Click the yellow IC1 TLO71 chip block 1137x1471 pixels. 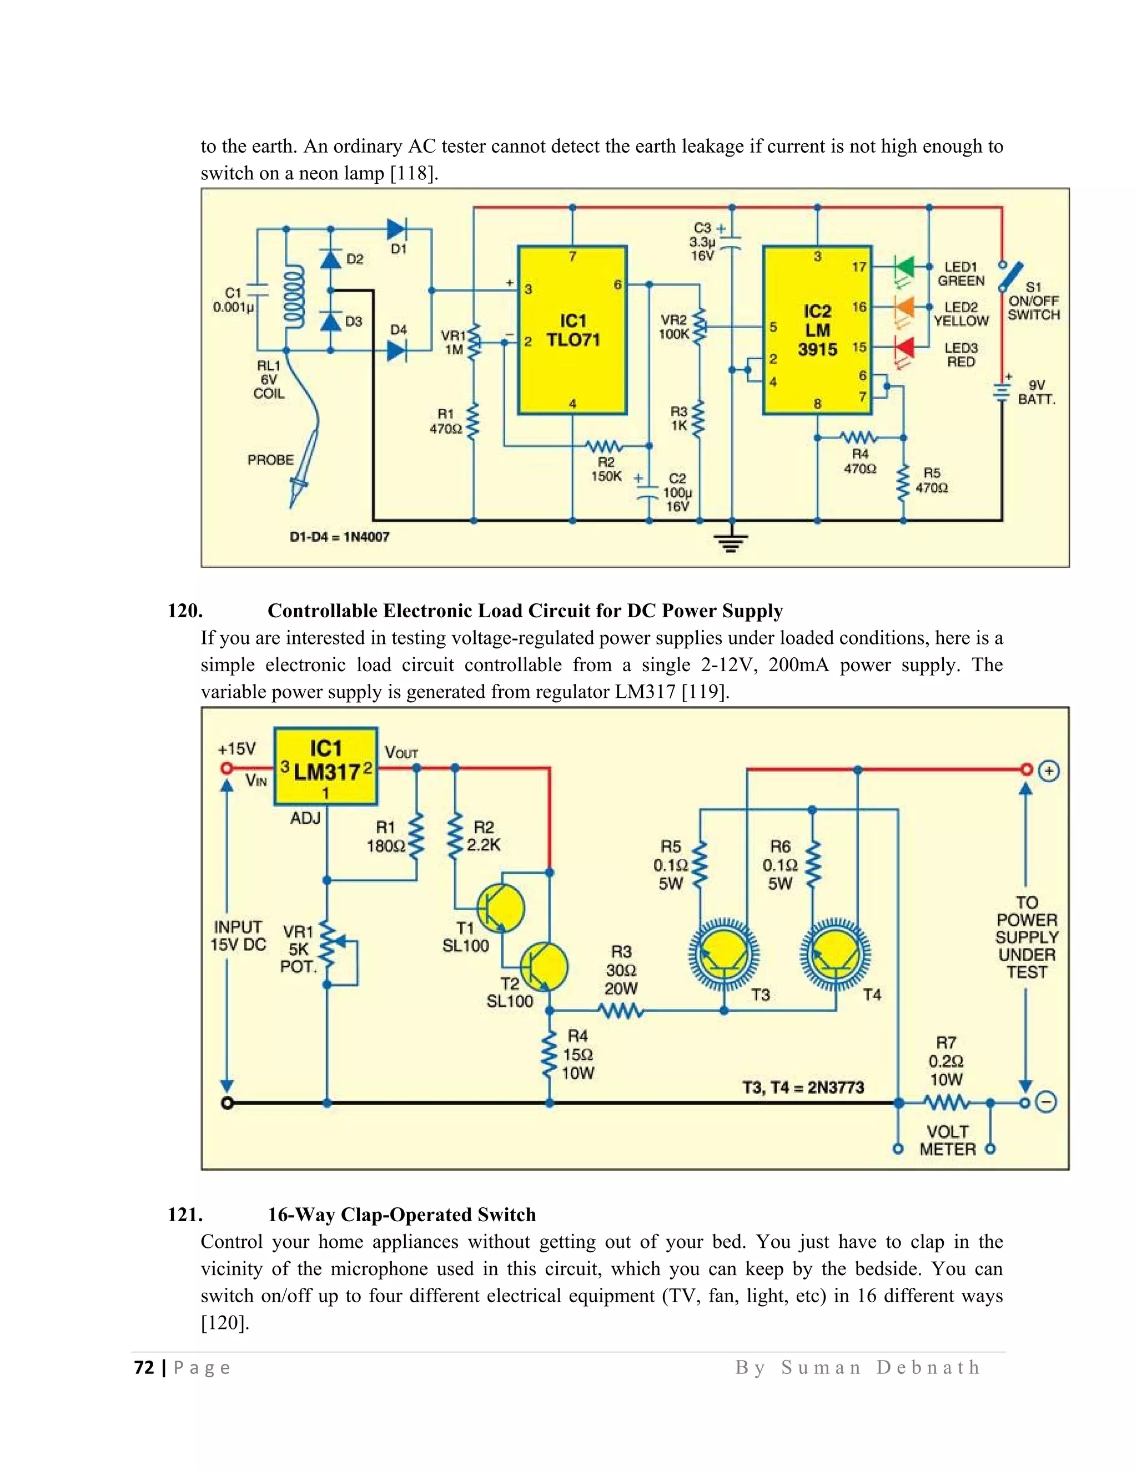[x=572, y=330]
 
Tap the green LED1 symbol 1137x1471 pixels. [x=904, y=266]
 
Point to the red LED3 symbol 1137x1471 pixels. [x=904, y=348]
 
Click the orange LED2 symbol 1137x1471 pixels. [x=904, y=307]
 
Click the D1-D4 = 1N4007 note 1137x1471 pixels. [x=339, y=537]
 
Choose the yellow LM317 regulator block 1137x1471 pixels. [x=325, y=767]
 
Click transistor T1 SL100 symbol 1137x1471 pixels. [x=500, y=908]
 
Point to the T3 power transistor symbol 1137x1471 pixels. [x=724, y=955]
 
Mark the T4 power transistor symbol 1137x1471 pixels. [x=835, y=955]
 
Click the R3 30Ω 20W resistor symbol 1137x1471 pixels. [x=621, y=1010]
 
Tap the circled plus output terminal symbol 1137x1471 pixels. [x=1049, y=770]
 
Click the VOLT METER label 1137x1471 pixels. [x=947, y=1140]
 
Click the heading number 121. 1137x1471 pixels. [x=184, y=1215]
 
